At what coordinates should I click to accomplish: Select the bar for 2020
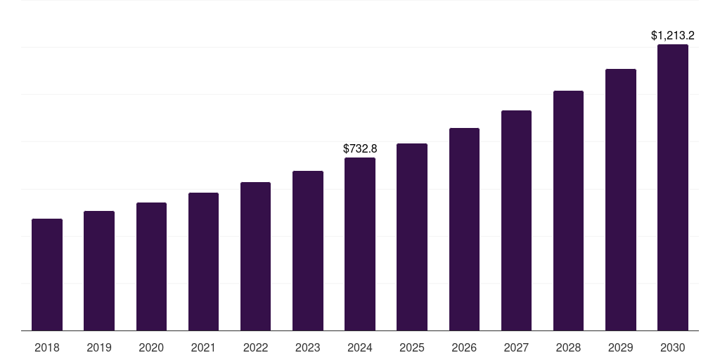[151, 266]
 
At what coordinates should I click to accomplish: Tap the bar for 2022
[255, 256]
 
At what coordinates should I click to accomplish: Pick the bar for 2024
[360, 244]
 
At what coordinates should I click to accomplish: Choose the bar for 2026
[464, 229]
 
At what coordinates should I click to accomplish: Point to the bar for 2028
[568, 210]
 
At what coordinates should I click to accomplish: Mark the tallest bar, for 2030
[673, 187]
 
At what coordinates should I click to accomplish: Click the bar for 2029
[621, 200]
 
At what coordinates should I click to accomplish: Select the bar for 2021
[203, 262]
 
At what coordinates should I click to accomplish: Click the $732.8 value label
[360, 148]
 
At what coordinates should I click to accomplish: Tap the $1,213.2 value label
[673, 35]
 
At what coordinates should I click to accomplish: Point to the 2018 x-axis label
[47, 347]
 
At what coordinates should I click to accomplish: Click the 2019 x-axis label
[99, 347]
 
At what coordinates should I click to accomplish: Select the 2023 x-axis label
[308, 347]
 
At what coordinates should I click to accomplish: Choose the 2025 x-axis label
[412, 347]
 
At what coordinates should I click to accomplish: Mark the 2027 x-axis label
[516, 347]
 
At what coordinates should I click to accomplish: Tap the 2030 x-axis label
[673, 347]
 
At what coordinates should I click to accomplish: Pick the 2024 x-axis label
[360, 347]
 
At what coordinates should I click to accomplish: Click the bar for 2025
[412, 237]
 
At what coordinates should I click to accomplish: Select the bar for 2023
[308, 250]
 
